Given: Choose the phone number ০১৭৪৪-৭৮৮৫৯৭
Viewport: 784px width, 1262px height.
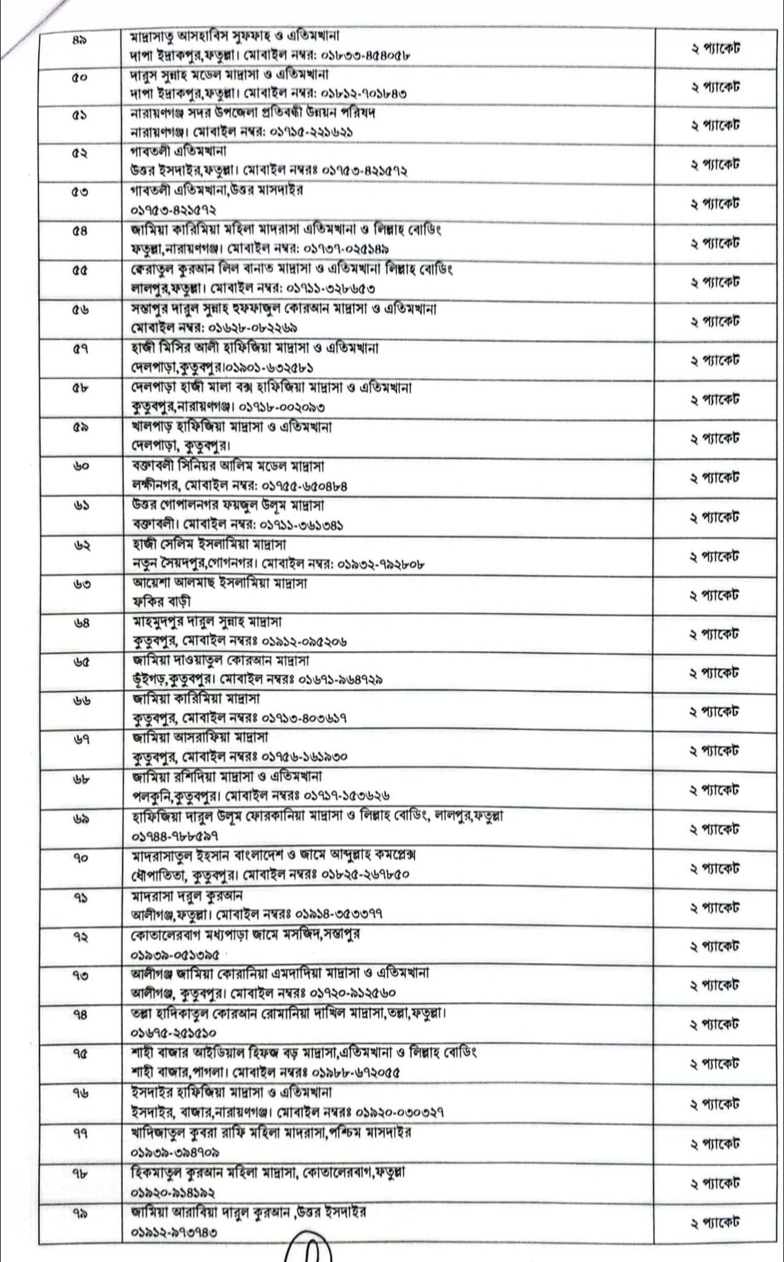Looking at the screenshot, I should pyautogui.click(x=174, y=837).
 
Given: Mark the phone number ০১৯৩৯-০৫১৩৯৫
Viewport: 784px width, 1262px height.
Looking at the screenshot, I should pyautogui.click(x=174, y=955).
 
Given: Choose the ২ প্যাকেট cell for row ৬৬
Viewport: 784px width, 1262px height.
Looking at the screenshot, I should pyautogui.click(x=714, y=712).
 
